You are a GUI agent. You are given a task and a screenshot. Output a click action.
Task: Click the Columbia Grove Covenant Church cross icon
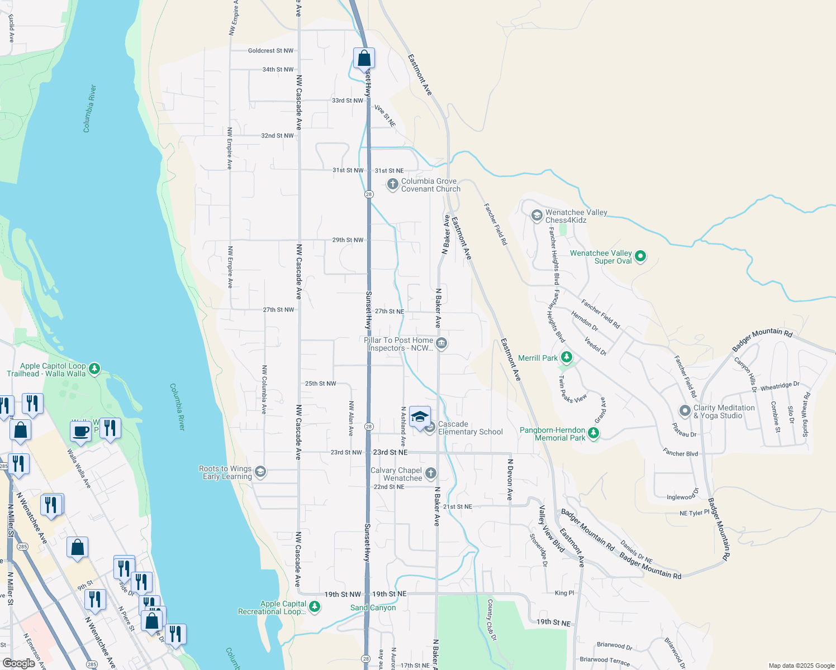(392, 184)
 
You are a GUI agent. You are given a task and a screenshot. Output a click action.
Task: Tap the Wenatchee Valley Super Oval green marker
(640, 256)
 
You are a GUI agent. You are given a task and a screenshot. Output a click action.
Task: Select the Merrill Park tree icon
(567, 357)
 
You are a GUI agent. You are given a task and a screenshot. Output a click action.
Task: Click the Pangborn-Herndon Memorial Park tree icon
(593, 433)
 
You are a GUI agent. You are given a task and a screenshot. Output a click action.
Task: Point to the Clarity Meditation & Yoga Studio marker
(685, 411)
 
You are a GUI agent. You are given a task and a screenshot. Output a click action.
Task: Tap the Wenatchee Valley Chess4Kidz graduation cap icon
(536, 216)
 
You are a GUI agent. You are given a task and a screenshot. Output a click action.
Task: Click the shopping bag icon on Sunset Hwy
(364, 58)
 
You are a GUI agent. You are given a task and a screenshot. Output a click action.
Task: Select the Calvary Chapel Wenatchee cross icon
(430, 473)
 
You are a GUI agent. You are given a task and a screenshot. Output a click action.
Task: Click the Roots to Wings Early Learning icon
(260, 472)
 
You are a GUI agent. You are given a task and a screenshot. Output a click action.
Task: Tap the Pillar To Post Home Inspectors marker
(441, 343)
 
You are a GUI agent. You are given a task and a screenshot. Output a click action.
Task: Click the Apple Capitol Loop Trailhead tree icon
(94, 368)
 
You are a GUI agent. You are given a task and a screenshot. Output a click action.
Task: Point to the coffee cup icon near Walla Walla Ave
(80, 432)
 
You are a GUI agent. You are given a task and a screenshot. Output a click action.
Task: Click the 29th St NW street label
(348, 240)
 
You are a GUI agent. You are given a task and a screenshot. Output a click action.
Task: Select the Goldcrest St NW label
(270, 51)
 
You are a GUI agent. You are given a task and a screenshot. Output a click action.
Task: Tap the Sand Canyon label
(373, 607)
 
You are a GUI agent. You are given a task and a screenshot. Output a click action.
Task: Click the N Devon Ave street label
(510, 479)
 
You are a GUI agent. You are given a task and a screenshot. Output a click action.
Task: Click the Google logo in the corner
(18, 663)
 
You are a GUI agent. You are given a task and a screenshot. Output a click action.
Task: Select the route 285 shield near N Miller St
(22, 547)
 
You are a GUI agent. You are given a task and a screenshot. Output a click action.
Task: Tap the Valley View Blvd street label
(552, 529)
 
